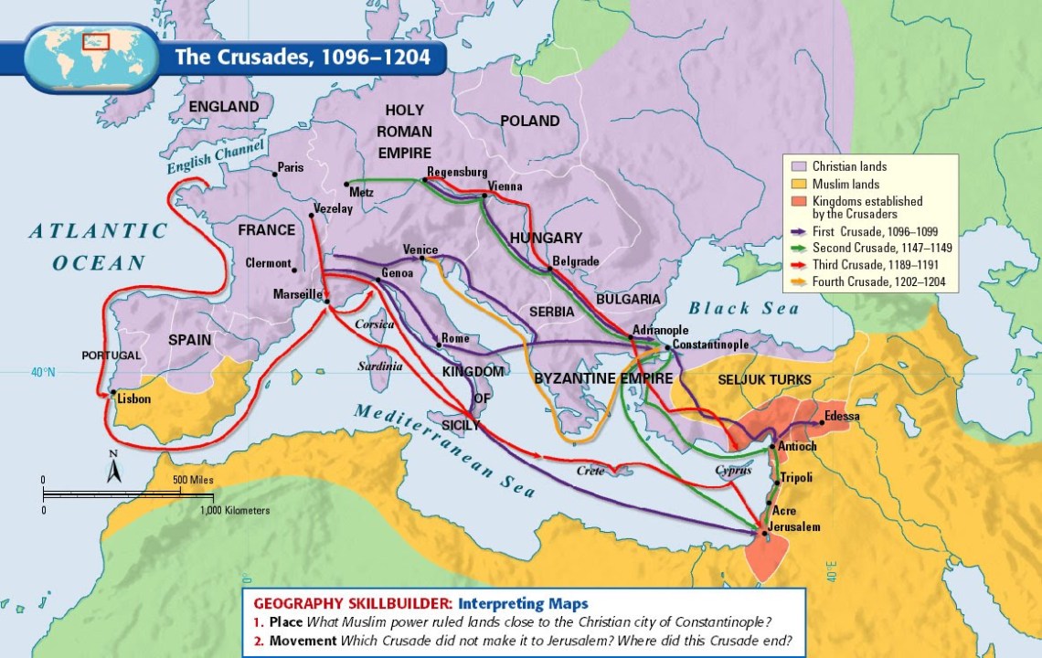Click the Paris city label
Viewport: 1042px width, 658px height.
point(291,167)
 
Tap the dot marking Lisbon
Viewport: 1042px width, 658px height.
point(112,393)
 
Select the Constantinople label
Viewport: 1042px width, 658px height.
point(710,345)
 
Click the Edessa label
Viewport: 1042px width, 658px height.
point(842,417)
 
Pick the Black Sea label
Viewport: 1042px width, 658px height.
point(743,309)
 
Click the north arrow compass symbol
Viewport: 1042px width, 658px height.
point(114,467)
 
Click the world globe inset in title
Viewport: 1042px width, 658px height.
point(87,56)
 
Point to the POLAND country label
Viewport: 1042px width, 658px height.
point(529,121)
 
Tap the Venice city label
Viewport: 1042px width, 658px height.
point(420,249)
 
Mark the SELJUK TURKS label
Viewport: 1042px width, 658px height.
point(757,378)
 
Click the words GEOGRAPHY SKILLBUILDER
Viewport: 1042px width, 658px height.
point(352,604)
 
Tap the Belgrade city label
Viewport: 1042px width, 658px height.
point(576,261)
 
